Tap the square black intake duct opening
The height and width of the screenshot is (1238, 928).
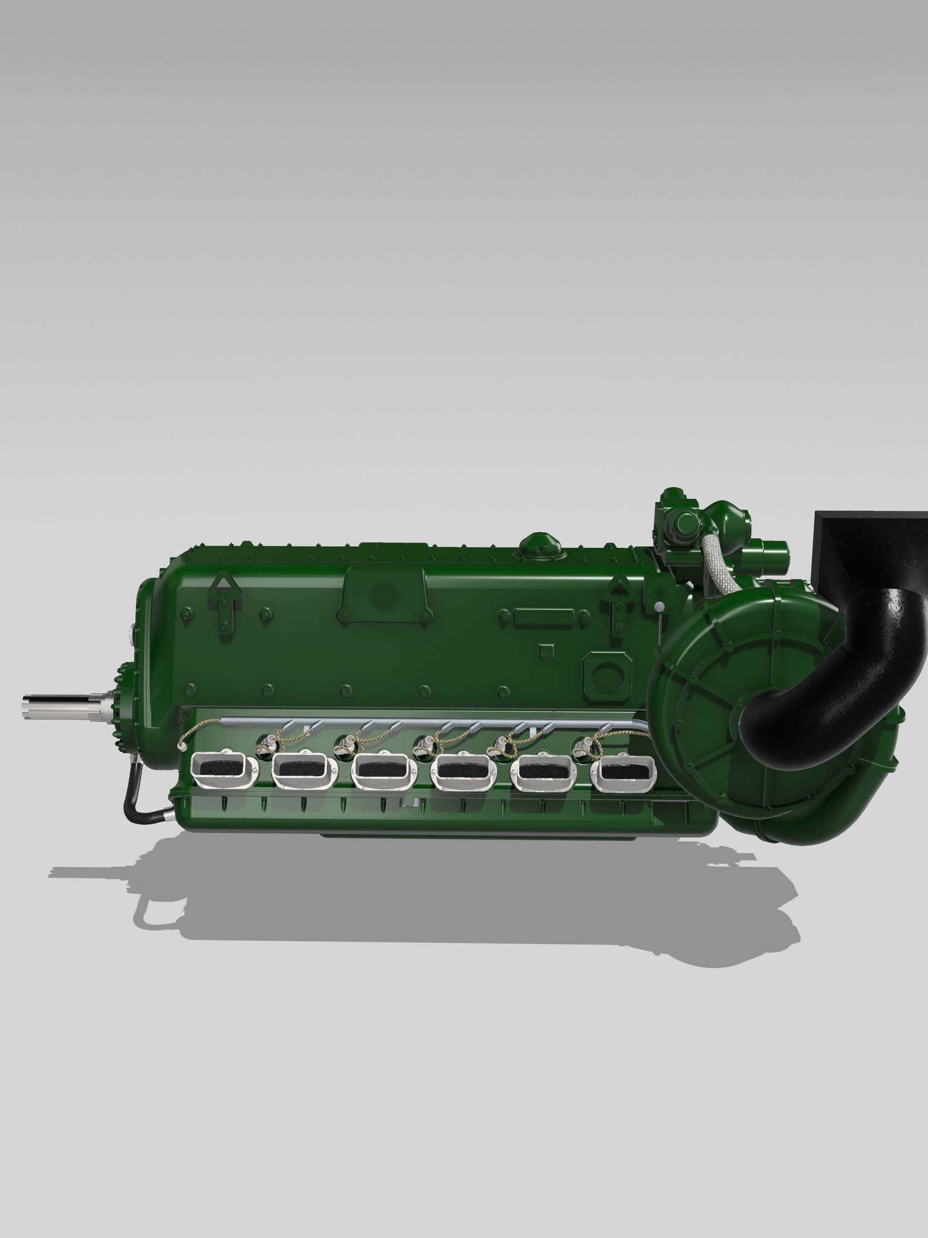pos(870,546)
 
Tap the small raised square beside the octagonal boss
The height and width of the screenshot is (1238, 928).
pos(546,652)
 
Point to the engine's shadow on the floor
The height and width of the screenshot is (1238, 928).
pos(448,918)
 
